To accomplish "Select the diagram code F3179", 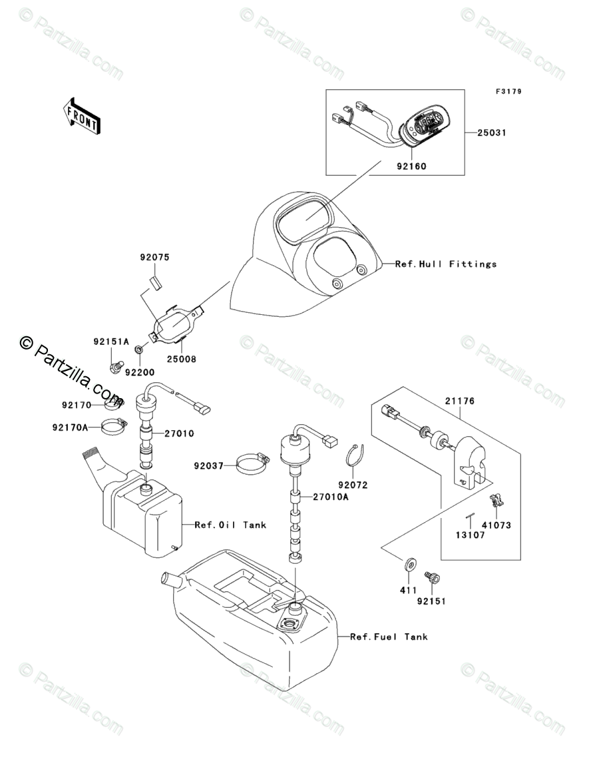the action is click(x=508, y=91).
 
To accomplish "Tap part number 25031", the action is click(x=492, y=132).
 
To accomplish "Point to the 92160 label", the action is click(x=411, y=166).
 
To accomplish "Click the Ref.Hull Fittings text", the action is click(x=445, y=264).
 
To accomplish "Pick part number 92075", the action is click(x=154, y=258).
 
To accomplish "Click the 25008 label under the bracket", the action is click(x=181, y=359).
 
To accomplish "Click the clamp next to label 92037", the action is click(x=253, y=465).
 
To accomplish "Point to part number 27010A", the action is click(x=331, y=497).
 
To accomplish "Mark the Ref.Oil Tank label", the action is click(x=230, y=525).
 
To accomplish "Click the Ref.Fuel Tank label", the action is click(x=389, y=637).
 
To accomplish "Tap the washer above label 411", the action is click(x=409, y=563).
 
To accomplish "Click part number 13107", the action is click(x=471, y=535).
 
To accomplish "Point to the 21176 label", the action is click(x=459, y=401).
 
